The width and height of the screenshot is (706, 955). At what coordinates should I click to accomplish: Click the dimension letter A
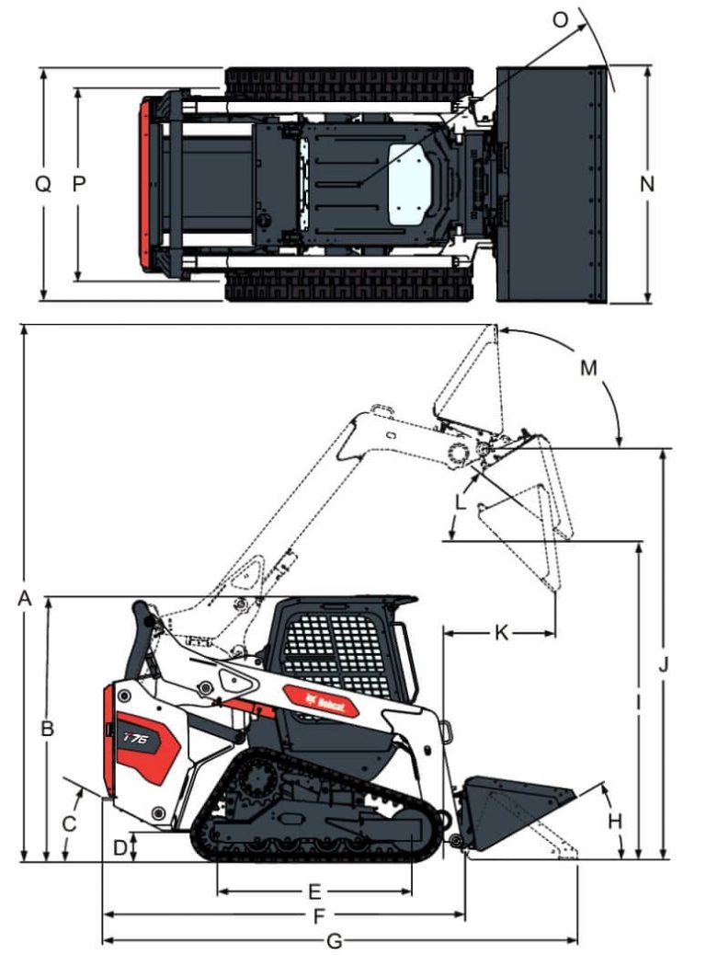coord(25,599)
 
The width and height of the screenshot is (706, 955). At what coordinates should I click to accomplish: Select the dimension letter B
coord(48,728)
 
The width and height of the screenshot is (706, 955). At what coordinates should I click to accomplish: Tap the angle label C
coord(68,823)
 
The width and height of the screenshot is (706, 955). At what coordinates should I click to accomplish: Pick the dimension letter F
coord(319,916)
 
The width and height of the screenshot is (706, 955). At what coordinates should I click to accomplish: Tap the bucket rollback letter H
coord(615,819)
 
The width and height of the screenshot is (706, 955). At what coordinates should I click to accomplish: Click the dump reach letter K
coord(501,632)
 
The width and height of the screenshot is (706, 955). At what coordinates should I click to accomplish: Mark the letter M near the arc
coord(588,368)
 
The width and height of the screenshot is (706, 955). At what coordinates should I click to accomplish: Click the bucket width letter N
coord(647,183)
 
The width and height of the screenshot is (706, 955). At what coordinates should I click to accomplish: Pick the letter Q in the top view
coord(43,184)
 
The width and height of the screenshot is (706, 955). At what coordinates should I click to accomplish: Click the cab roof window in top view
coord(408,185)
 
